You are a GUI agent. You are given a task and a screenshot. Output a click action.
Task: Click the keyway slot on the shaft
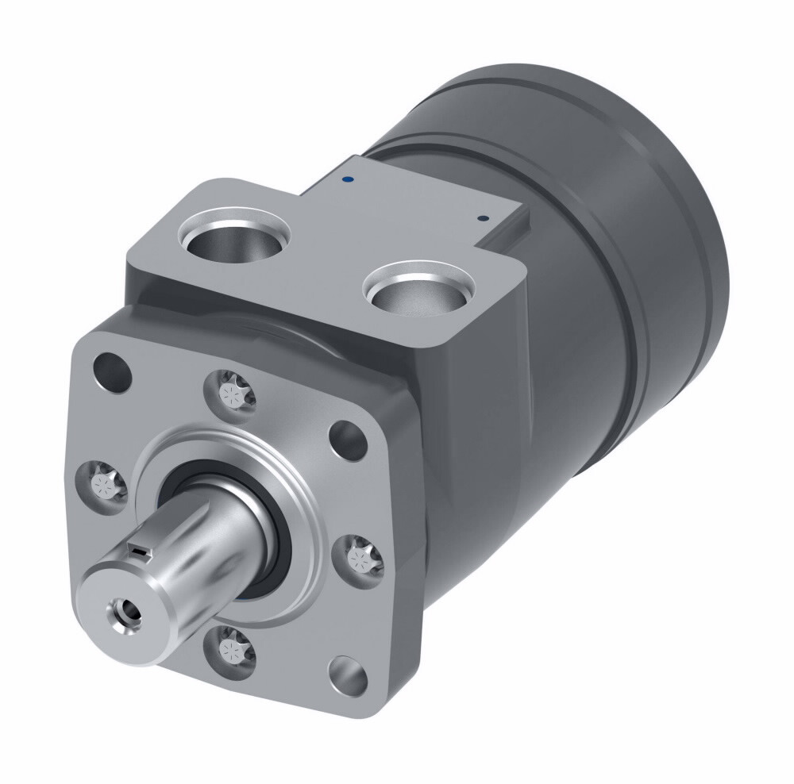(140, 549)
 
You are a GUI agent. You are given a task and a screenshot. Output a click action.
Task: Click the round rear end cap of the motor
(683, 238)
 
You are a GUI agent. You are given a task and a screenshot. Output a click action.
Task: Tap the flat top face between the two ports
(326, 254)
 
